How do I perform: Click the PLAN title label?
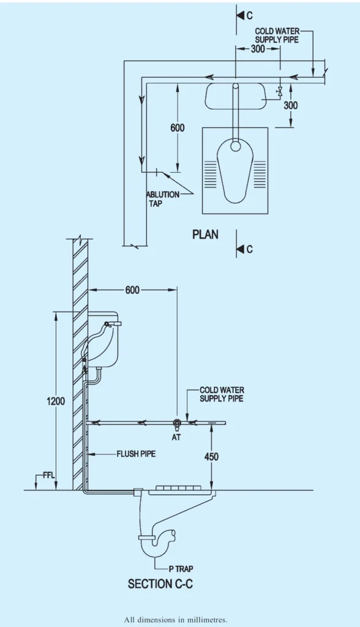click(x=205, y=234)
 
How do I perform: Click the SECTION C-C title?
click(x=160, y=584)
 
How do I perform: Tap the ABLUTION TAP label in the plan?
click(x=162, y=199)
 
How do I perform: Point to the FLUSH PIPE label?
click(x=136, y=454)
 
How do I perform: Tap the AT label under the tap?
click(x=176, y=437)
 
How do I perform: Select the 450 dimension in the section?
click(x=211, y=457)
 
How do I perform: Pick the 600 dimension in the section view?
click(x=132, y=290)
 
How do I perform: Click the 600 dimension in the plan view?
click(x=178, y=128)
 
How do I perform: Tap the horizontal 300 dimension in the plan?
click(x=257, y=49)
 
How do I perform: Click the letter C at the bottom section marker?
click(x=249, y=249)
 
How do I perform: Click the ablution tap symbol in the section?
click(x=177, y=423)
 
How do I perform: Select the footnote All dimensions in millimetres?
click(x=176, y=620)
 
